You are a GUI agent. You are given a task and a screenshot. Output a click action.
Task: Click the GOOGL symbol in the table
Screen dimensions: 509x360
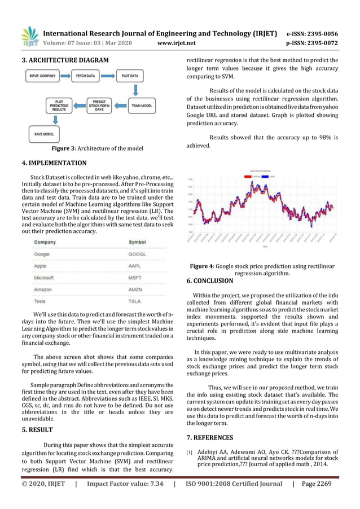pos(138,254)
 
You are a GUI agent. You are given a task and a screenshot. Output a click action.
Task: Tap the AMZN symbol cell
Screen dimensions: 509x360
pos(136,289)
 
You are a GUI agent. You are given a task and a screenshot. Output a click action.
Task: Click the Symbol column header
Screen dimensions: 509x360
pos(138,242)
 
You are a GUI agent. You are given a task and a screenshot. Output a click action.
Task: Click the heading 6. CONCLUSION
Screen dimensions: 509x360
pos(209,280)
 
